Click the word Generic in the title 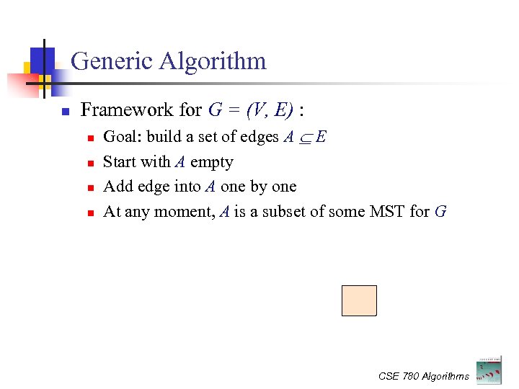pos(112,61)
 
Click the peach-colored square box pos(359,300)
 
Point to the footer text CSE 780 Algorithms pos(423,376)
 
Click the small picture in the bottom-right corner pos(488,369)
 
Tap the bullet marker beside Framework pos(64,112)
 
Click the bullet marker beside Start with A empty pos(89,164)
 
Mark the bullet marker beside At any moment pos(89,213)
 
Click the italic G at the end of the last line pos(440,212)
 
